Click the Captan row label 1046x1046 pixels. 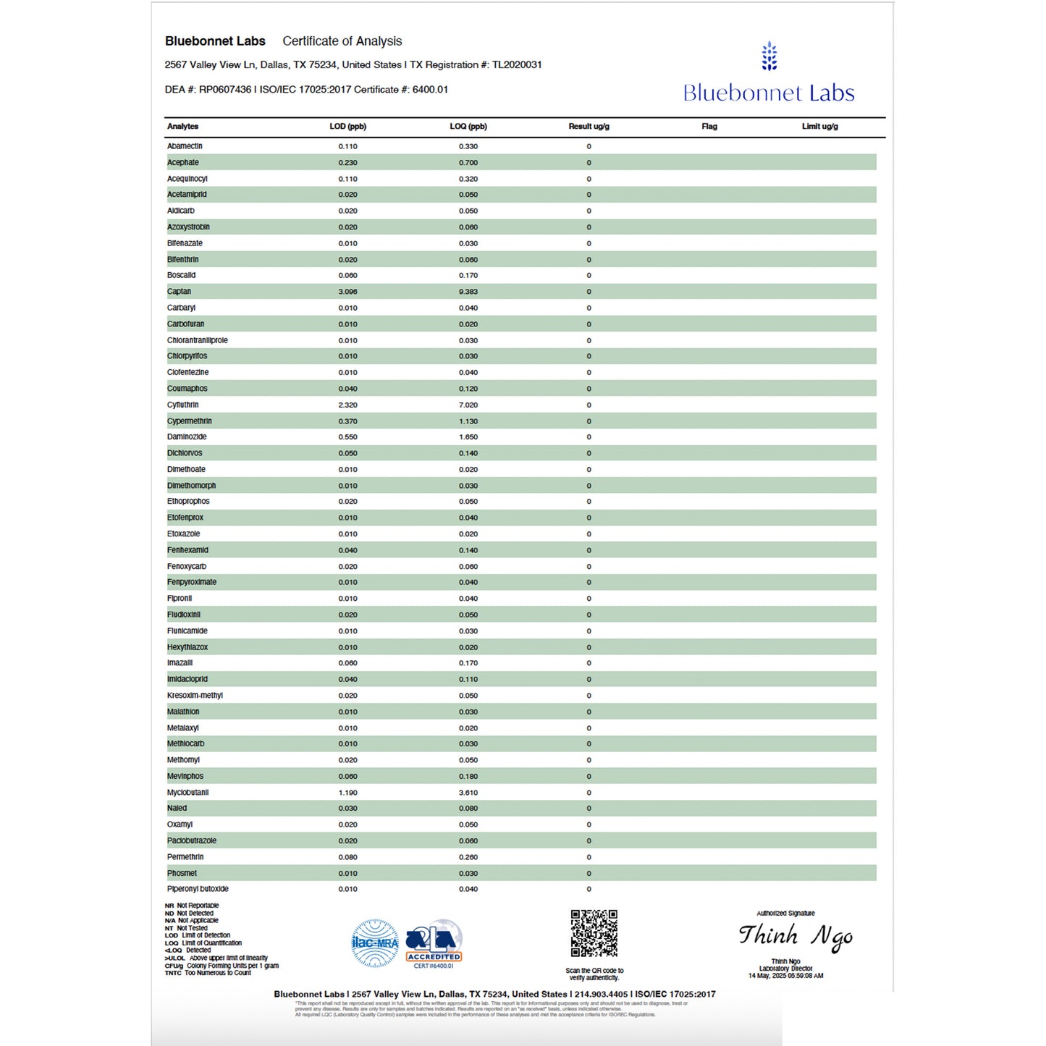pos(179,292)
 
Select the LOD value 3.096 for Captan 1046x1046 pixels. pos(347,292)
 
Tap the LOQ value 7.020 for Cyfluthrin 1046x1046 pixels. pos(468,405)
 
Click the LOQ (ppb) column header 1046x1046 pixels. pos(468,127)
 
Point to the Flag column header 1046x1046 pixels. pos(709,127)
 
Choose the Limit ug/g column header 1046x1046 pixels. pos(819,127)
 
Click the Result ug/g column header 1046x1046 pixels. pos(589,127)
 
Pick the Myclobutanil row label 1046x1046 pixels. pos(187,793)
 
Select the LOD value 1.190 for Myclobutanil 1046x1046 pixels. pos(347,793)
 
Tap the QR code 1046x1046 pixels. pos(594,934)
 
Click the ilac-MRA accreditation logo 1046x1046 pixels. pos(374,943)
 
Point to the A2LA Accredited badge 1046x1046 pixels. pos(434,943)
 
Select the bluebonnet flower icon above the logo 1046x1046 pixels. pos(769,56)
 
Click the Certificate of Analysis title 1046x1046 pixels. pos(342,41)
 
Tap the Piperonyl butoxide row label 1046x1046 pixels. pos(198,889)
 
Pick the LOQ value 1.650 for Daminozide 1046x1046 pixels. pos(468,437)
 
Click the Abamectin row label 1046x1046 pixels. pos(185,146)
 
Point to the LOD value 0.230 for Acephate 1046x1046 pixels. pos(347,163)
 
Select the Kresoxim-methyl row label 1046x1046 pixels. pos(195,696)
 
